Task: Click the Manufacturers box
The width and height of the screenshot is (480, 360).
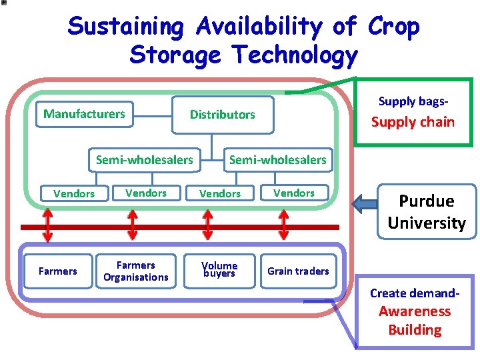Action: coord(84,114)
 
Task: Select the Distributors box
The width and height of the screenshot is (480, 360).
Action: coord(222,115)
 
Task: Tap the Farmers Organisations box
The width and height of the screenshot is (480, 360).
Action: coord(135,271)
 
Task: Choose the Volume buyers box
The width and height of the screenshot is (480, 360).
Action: coord(219,270)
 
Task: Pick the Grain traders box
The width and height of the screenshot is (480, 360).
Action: coord(298,271)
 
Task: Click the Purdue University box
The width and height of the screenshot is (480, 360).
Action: coord(426,212)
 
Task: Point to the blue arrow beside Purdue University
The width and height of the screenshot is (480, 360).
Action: coord(365,202)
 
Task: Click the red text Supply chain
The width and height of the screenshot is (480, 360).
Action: coord(413,122)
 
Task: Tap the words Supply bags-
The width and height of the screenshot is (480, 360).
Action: coord(413,101)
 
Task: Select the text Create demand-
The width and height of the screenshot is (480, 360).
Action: coord(415,293)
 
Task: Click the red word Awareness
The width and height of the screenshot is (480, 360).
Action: coord(415,311)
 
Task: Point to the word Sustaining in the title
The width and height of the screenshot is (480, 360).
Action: coord(125,27)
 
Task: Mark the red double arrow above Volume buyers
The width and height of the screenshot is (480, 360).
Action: coord(208,225)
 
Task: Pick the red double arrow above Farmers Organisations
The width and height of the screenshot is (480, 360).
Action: coord(132,225)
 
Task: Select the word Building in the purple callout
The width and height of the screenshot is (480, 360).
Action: coord(415,330)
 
